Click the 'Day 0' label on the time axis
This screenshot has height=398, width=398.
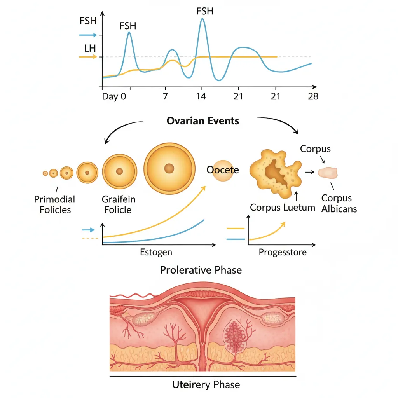click(x=114, y=96)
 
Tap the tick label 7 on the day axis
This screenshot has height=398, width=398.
click(x=165, y=96)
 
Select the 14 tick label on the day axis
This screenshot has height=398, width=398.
click(x=201, y=96)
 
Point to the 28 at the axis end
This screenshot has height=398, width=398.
click(x=313, y=96)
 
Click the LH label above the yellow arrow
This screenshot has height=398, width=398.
click(x=90, y=48)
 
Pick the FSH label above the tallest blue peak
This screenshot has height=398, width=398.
click(x=205, y=11)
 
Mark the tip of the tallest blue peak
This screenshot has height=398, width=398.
click(x=202, y=19)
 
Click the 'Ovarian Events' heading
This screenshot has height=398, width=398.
click(x=202, y=121)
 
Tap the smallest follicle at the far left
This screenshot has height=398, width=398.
click(x=45, y=173)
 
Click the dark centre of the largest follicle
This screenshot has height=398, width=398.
click(x=169, y=168)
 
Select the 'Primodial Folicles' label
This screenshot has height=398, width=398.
click(x=54, y=204)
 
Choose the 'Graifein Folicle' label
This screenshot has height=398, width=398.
click(x=118, y=204)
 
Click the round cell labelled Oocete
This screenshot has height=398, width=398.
click(x=223, y=171)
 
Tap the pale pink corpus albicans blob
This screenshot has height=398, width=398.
click(x=328, y=173)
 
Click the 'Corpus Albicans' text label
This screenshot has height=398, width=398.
click(x=339, y=203)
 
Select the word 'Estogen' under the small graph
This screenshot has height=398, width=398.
click(x=156, y=252)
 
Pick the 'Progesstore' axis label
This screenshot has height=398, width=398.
click(x=283, y=252)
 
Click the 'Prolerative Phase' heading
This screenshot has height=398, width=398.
click(x=201, y=270)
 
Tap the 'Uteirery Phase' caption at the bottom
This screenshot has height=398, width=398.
click(x=206, y=385)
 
